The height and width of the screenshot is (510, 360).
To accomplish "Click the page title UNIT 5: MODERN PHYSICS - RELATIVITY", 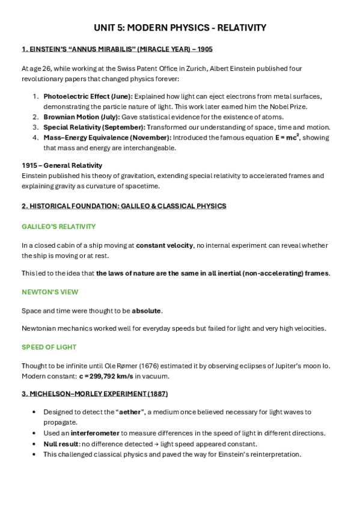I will tap(180, 28).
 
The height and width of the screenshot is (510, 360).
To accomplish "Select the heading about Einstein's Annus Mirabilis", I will tap(117, 49).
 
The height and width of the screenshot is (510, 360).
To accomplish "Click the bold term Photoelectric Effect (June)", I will tap(88, 96).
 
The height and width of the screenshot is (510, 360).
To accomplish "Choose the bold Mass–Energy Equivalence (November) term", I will tap(107, 138).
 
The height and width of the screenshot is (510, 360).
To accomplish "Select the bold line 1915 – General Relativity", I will tap(62, 165).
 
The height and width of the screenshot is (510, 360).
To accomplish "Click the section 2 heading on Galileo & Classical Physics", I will tap(124, 206).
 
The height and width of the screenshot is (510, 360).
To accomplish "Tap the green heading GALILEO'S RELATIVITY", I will tap(58, 227).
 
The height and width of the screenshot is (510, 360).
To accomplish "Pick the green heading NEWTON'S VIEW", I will tap(50, 292).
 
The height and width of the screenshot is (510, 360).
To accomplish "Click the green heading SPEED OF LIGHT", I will tap(49, 347).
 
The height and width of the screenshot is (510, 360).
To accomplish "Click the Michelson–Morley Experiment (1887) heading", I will tap(94, 393).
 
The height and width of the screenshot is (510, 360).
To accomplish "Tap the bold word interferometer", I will tap(94, 433).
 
